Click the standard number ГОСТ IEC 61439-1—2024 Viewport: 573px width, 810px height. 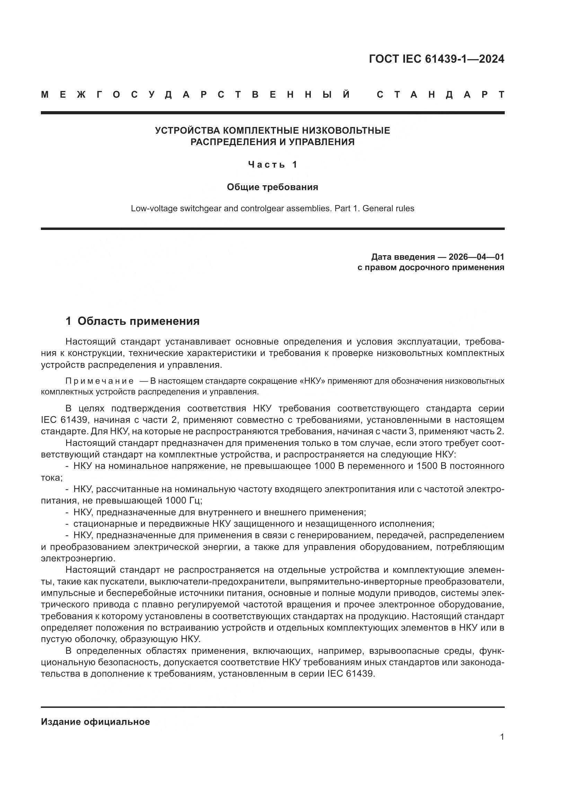click(437, 59)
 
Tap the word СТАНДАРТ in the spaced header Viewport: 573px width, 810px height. click(441, 95)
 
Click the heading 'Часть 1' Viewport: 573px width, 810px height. click(273, 164)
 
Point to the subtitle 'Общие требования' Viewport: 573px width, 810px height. click(272, 187)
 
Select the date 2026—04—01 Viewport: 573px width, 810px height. click(476, 257)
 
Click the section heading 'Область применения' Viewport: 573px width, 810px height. click(138, 321)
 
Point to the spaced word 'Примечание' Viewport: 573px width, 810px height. click(99, 381)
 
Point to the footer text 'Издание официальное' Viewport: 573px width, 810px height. click(95, 722)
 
